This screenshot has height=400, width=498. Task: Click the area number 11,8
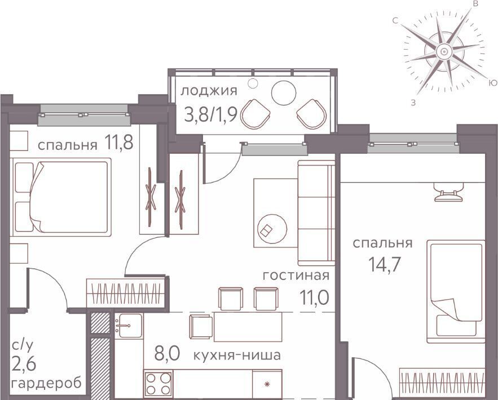coord(118,143)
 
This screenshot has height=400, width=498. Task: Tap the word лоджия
coord(209,91)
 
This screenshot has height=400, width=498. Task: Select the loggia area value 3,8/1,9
coord(210,114)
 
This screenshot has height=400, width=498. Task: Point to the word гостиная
coord(296,275)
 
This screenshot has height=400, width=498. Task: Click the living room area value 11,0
coord(314,297)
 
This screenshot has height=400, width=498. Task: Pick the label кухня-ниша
coord(237,355)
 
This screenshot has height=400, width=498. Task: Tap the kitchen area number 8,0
coord(167,353)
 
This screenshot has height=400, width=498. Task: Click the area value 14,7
coord(383,264)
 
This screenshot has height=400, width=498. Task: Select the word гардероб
coord(46,383)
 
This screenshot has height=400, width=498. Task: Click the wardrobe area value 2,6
coord(24,363)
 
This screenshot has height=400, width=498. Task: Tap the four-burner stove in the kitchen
coord(158,384)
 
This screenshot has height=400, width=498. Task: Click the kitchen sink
coord(129,326)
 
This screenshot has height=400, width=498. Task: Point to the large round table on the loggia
coord(284,93)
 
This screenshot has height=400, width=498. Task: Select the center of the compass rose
coord(444,51)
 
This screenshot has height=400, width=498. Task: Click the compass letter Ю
coord(492,83)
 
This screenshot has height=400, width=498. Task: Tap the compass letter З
coord(413,103)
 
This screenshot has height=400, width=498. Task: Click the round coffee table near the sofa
coord(272,229)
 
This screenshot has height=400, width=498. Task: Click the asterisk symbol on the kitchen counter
coord(267,384)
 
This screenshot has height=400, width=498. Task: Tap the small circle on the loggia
coord(253,83)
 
